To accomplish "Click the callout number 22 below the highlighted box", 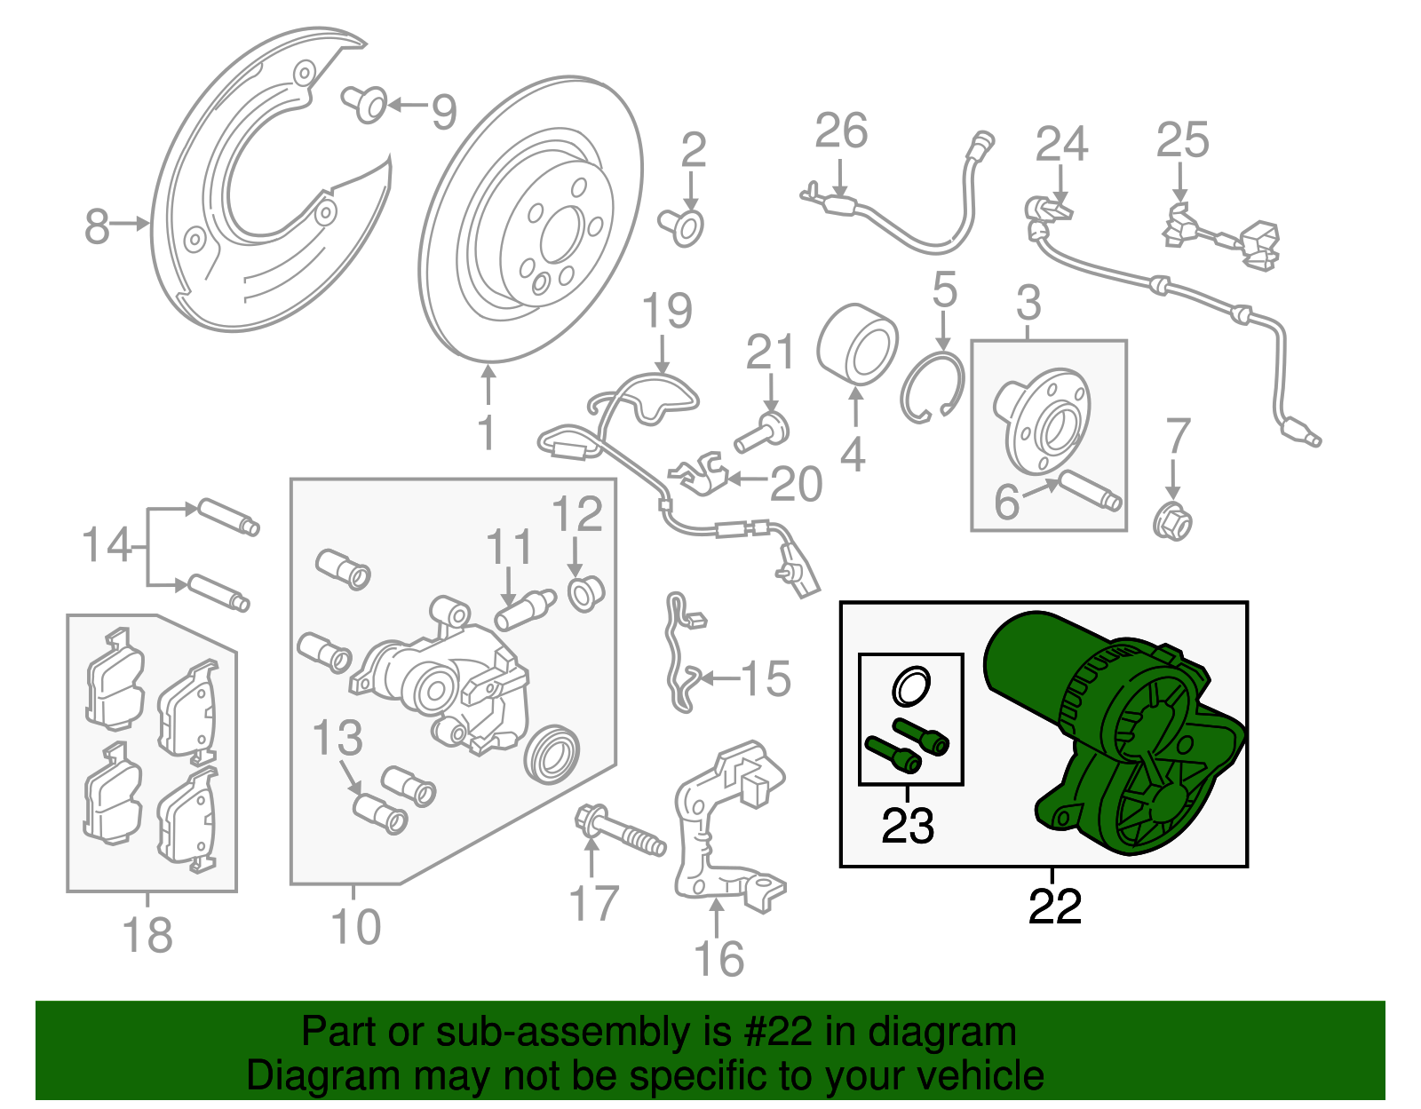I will (1054, 907).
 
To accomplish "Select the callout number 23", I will (908, 826).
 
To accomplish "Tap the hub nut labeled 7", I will (1172, 521).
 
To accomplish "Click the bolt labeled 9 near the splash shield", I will (366, 104).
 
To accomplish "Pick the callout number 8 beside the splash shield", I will (97, 226).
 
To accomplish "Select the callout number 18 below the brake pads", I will (147, 935).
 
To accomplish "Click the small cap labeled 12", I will (584, 592).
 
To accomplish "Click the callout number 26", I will (840, 131).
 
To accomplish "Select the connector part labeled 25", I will (1221, 235).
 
